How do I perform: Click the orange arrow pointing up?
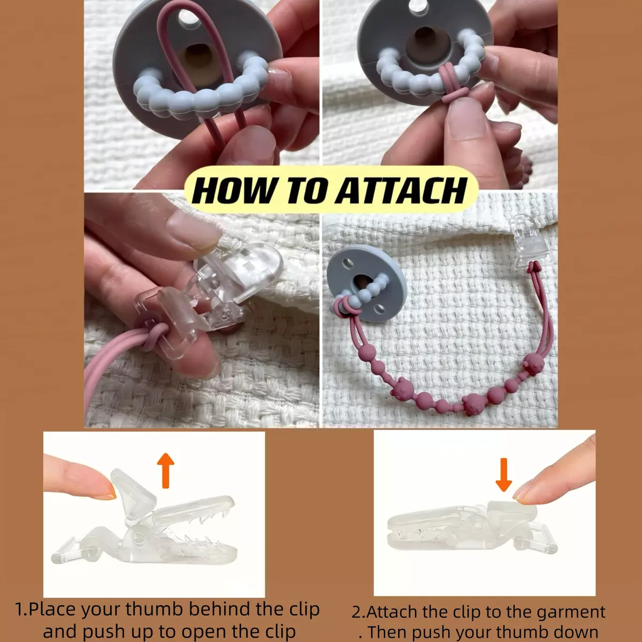165,470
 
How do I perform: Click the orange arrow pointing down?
503,475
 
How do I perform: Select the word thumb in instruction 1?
154,609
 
